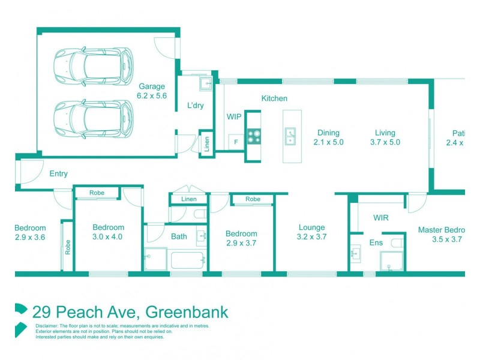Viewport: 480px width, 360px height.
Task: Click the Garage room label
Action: (151, 86)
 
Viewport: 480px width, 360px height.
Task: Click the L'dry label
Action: (196, 106)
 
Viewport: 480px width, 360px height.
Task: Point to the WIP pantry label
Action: (233, 116)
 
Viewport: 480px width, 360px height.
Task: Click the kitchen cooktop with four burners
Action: (253, 137)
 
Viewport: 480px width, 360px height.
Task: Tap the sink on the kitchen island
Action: (290, 136)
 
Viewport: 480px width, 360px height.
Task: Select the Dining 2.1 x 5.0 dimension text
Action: (326, 142)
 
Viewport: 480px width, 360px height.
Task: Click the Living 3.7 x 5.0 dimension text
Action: (385, 142)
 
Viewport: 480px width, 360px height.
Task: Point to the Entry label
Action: (58, 174)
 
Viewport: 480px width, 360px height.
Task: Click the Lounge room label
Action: (311, 227)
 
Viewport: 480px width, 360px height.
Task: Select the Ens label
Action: (376, 242)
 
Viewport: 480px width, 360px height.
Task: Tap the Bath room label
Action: (179, 236)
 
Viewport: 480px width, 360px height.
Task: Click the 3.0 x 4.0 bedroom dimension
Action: (108, 237)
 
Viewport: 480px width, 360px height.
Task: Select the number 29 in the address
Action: (41, 312)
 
